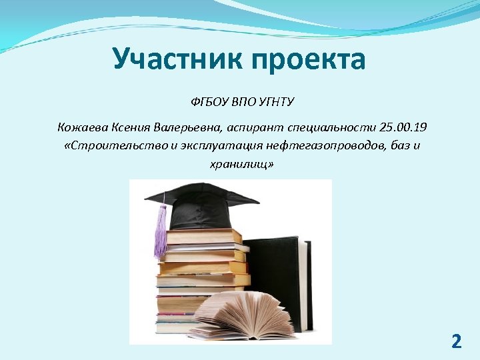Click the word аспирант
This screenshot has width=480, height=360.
[x=252, y=127]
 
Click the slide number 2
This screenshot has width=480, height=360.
[x=456, y=342]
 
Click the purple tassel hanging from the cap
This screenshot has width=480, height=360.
[x=161, y=233]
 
